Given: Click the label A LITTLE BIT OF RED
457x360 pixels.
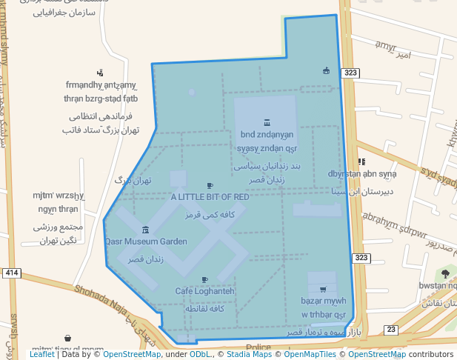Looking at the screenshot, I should pyautogui.click(x=210, y=197).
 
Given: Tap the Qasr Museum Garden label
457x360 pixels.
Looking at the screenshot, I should pyautogui.click(x=145, y=241).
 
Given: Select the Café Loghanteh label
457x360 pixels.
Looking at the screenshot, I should pyautogui.click(x=204, y=291).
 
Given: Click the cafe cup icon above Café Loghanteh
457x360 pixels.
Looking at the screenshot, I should pyautogui.click(x=204, y=280).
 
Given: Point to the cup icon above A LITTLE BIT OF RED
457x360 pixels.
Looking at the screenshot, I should pyautogui.click(x=210, y=186).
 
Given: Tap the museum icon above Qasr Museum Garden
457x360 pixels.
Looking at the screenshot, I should pyautogui.click(x=145, y=230).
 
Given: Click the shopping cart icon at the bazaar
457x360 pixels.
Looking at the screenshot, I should pyautogui.click(x=322, y=290).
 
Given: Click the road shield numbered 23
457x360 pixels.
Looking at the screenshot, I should pyautogui.click(x=391, y=330).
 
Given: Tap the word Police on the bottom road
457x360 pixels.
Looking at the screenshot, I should pyautogui.click(x=258, y=347).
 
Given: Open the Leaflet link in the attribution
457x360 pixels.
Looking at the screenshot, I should pyautogui.click(x=41, y=355).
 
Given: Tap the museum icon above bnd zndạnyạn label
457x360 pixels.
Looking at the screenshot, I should pyautogui.click(x=267, y=123).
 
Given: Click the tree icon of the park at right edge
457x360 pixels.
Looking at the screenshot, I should pyautogui.click(x=445, y=273).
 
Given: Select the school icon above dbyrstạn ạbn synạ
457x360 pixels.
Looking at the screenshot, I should pyautogui.click(x=361, y=161).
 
